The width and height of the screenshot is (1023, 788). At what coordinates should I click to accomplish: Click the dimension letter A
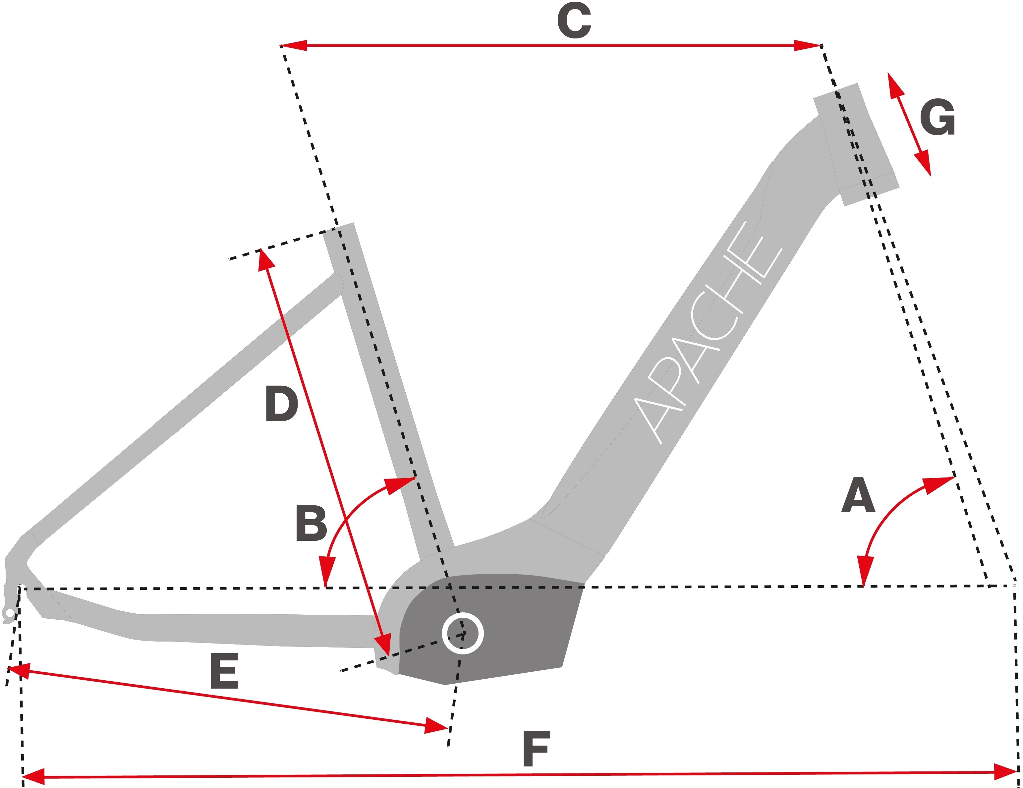pos(858,496)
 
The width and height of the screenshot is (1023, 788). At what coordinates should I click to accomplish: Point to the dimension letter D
pos(281,404)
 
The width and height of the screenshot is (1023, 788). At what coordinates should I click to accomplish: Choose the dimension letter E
pos(224,671)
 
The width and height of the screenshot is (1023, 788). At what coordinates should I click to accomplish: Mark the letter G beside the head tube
pos(937,117)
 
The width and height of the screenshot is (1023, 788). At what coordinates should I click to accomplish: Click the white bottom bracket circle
pos(463,633)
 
